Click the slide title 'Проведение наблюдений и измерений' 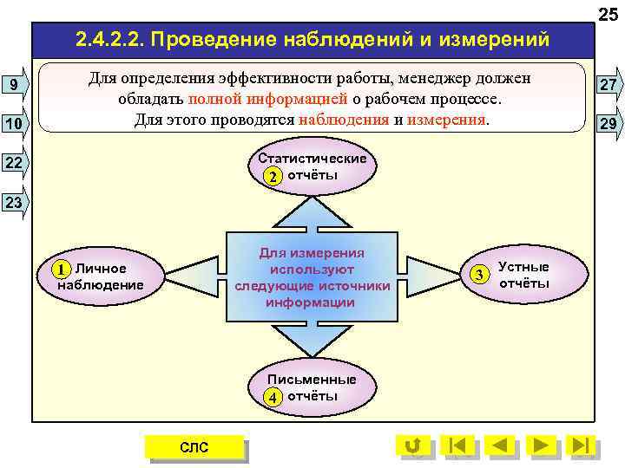[312, 39]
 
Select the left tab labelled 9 [15, 84]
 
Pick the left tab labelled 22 [15, 163]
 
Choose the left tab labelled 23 [15, 203]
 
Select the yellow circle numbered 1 [61, 269]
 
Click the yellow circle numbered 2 [273, 177]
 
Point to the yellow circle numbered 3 [480, 275]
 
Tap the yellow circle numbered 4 [273, 398]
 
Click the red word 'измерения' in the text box [446, 119]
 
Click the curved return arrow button [413, 445]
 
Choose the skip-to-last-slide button [581, 445]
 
